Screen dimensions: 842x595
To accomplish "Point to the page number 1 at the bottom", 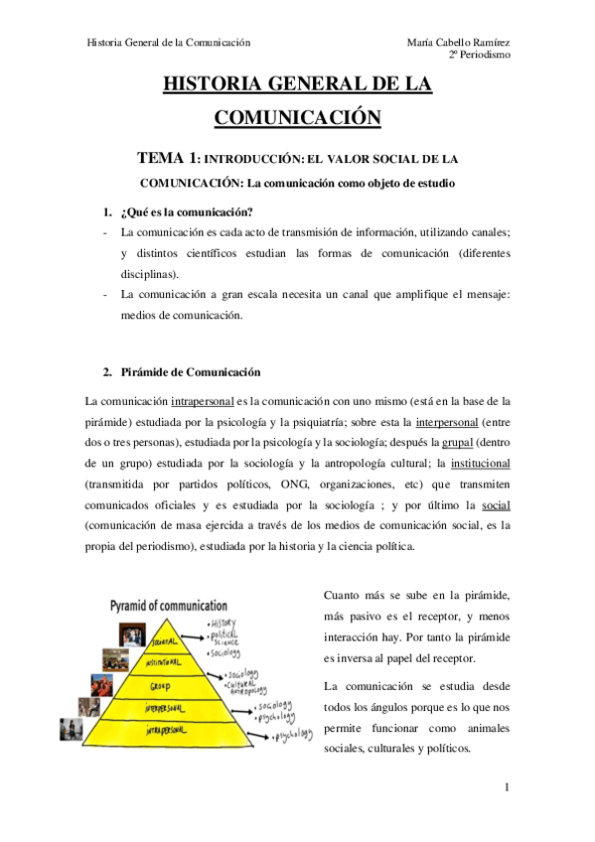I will point(507,789).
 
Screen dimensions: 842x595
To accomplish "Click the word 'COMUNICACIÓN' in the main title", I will point(297,117).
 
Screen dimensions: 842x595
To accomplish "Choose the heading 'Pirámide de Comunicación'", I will point(189,372).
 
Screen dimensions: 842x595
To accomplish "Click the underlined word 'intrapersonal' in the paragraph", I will point(202,401).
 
